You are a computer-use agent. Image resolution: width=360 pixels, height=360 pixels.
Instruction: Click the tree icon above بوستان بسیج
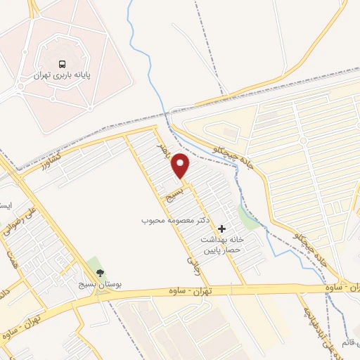pos(98,273)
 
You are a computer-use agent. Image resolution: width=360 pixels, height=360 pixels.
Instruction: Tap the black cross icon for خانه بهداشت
pos(222,228)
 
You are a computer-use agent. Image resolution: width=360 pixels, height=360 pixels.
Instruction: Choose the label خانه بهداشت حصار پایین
pos(219,245)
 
